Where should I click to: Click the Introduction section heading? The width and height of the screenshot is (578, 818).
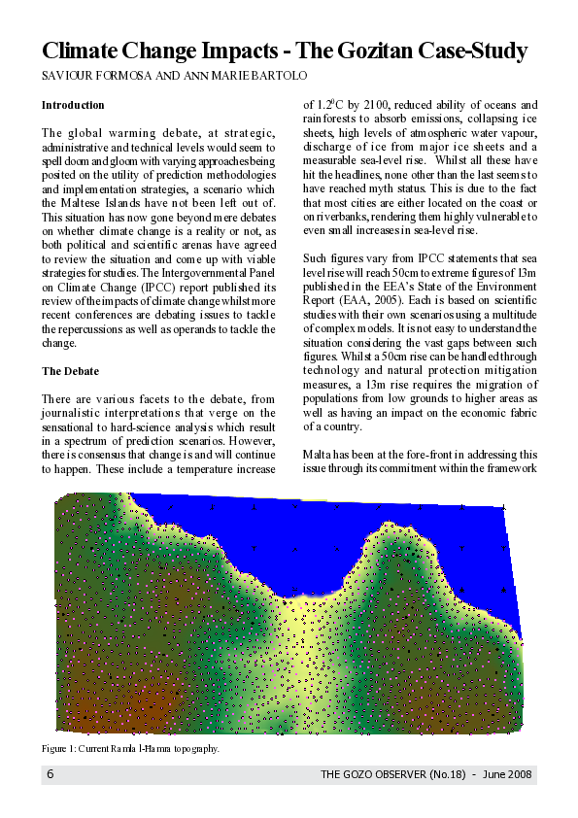[73, 104]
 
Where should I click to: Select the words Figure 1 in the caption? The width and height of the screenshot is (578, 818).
[58, 749]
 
